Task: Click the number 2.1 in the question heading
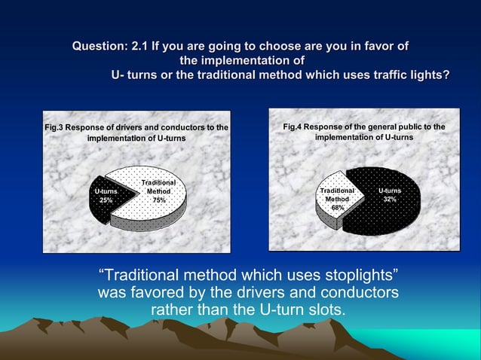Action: coord(139,47)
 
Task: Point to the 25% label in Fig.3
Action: coord(106,201)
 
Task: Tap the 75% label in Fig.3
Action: coord(159,201)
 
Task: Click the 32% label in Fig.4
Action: coord(389,200)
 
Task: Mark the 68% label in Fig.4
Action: coord(338,207)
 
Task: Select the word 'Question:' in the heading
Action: coord(100,47)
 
